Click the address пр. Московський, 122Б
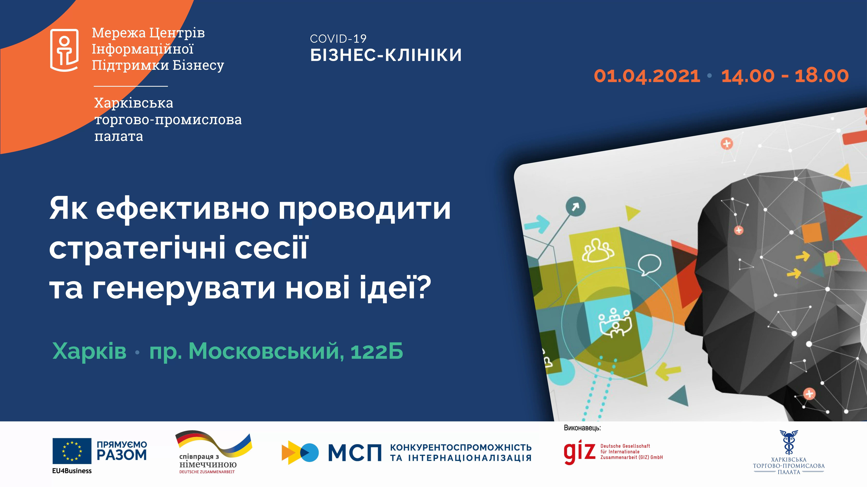click(x=276, y=351)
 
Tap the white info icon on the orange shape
click(x=64, y=50)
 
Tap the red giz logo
click(x=580, y=452)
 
